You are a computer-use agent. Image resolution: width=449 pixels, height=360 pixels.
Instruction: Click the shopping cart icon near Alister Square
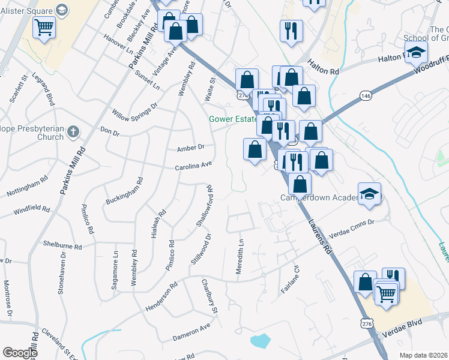tap(44, 26)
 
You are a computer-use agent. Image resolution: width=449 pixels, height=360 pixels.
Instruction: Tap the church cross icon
tap(73, 131)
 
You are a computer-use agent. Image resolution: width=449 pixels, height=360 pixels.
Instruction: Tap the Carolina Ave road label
tap(194, 164)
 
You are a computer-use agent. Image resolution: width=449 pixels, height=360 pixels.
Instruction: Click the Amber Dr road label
tap(191, 148)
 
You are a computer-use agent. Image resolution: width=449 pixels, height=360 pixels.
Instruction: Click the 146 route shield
tap(365, 95)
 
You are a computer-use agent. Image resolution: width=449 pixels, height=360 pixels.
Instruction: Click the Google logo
tap(20, 353)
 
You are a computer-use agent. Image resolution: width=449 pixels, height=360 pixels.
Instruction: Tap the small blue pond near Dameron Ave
tap(260, 341)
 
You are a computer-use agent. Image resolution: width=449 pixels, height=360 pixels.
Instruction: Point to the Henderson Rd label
tap(160, 297)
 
